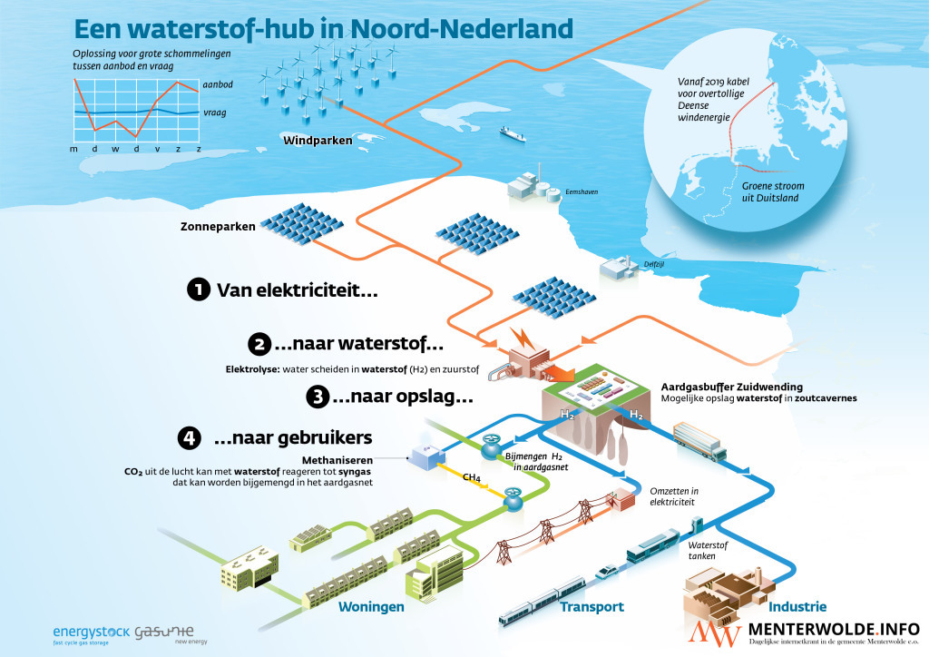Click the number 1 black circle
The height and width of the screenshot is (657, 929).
click(198, 290)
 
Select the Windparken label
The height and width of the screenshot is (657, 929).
click(318, 141)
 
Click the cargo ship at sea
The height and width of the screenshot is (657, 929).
click(512, 133)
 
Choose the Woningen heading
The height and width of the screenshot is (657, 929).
click(371, 607)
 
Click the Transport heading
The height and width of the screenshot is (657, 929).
click(592, 607)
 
